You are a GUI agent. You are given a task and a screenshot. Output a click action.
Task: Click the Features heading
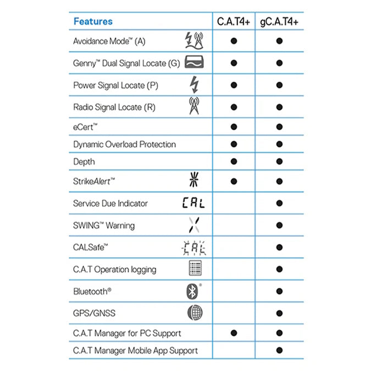click(93, 21)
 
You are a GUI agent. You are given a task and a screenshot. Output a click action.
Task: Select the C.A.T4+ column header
click(234, 21)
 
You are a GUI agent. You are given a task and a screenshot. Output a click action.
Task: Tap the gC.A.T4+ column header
click(279, 21)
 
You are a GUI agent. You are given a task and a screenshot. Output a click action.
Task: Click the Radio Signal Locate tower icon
click(193, 106)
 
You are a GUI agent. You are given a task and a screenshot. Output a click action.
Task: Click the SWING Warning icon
click(193, 225)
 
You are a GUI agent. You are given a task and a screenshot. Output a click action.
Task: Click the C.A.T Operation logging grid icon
click(193, 269)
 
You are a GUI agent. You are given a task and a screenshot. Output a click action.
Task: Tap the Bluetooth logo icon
click(192, 291)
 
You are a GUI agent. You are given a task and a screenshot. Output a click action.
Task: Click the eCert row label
click(85, 126)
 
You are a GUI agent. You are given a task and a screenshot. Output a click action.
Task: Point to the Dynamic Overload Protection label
click(124, 144)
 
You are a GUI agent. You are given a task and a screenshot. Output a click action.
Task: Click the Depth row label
click(84, 162)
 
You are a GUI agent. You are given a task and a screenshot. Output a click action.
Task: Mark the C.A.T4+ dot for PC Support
click(234, 333)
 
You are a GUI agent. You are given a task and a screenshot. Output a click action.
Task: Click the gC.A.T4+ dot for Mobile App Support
click(279, 350)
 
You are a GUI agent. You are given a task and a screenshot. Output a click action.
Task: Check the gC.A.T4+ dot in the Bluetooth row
click(279, 291)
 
